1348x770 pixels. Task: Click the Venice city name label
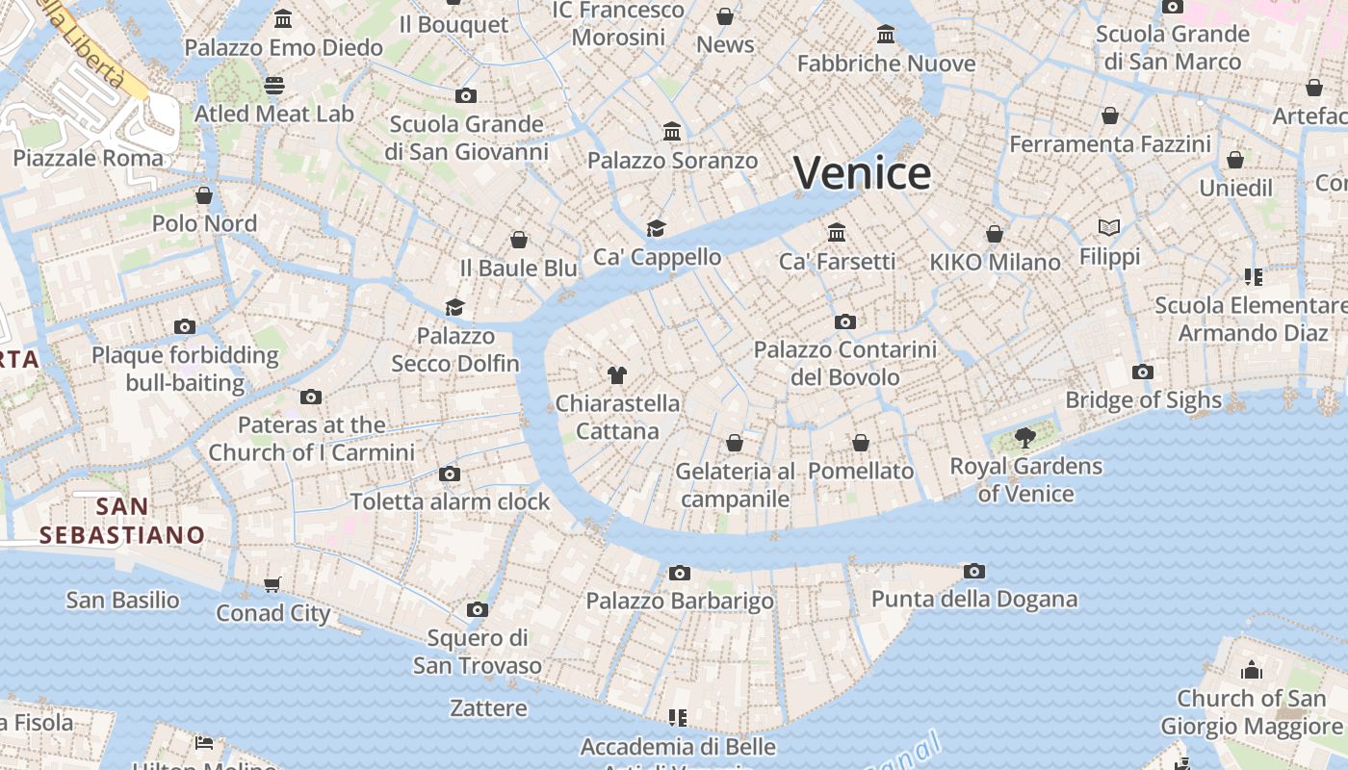(862, 173)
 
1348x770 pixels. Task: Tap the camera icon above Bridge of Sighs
(1143, 372)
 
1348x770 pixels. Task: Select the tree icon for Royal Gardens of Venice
(1025, 438)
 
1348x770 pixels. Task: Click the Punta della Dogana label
(973, 599)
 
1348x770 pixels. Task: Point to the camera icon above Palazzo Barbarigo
(680, 573)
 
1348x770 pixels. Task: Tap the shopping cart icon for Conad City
(272, 584)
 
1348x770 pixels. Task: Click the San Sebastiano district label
(122, 521)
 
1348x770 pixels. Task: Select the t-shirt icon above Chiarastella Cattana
(617, 374)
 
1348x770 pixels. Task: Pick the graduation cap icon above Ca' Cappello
(657, 228)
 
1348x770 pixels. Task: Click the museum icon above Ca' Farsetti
(837, 232)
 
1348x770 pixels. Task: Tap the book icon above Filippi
(1109, 228)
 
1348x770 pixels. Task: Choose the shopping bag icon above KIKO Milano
(995, 234)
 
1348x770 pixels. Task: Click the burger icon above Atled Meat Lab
(274, 85)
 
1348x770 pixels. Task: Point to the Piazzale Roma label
(88, 158)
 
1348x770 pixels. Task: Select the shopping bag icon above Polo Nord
(204, 195)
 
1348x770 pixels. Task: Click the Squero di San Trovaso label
(478, 652)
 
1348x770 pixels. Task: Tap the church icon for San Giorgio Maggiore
(1251, 669)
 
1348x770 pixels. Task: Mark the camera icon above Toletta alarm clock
(450, 474)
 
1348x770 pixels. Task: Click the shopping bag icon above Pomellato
(861, 443)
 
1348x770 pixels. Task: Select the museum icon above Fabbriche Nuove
(886, 36)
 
